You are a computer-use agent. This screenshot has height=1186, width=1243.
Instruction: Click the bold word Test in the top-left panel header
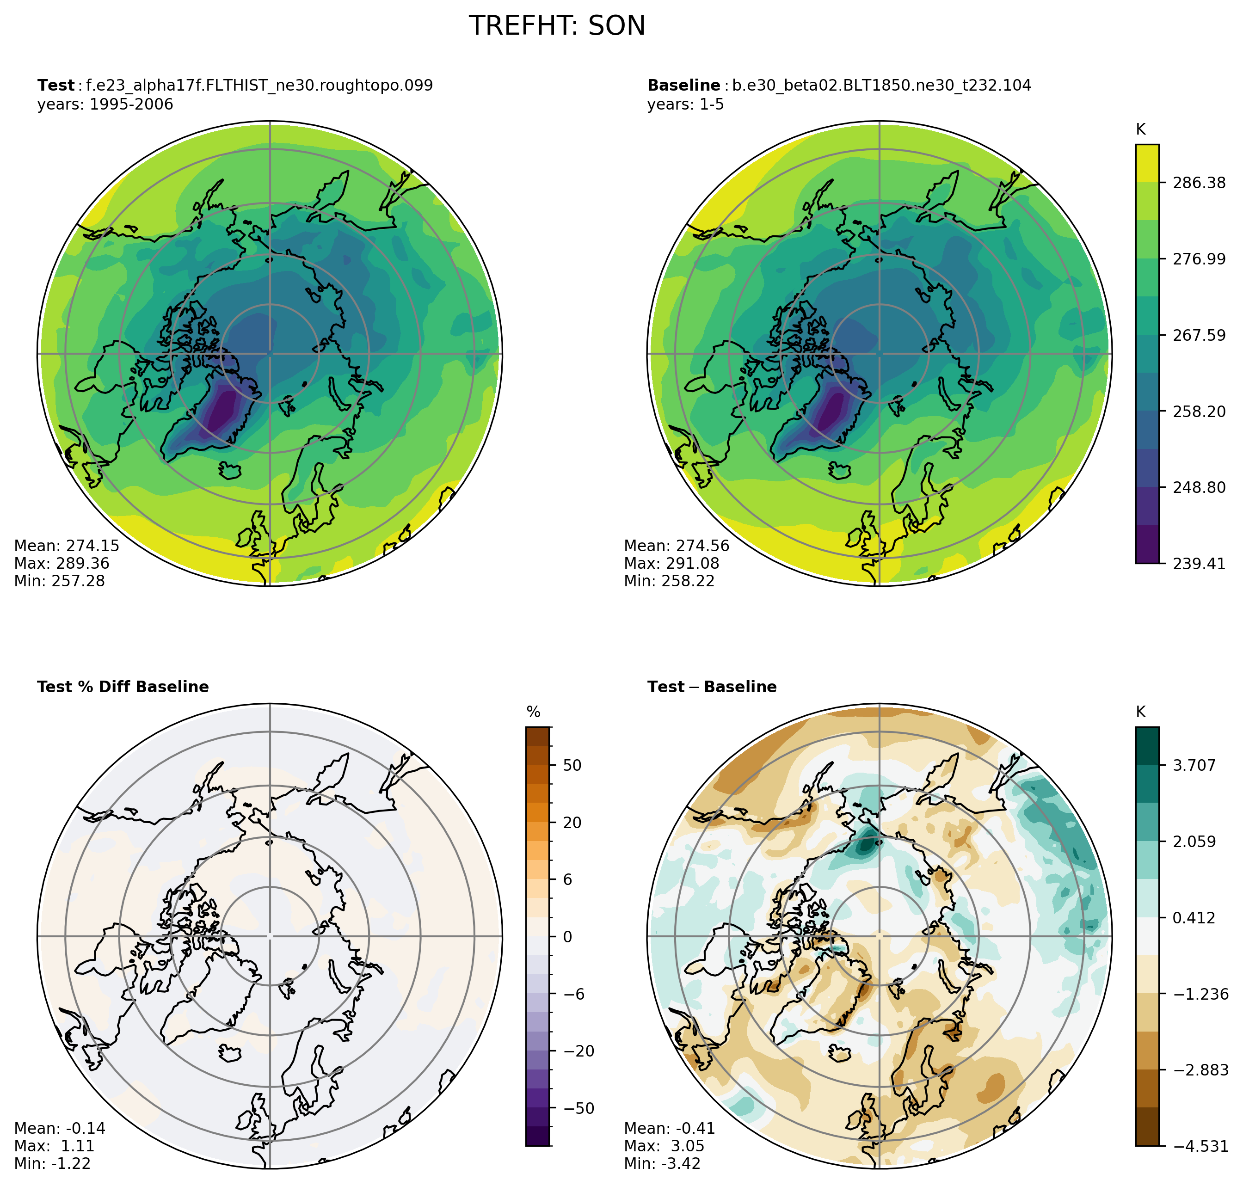[x=55, y=86]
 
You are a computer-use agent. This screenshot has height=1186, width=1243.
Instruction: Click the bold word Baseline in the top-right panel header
[x=683, y=86]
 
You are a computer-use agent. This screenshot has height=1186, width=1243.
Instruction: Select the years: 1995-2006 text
[x=105, y=104]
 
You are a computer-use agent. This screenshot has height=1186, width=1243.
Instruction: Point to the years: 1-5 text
[x=685, y=104]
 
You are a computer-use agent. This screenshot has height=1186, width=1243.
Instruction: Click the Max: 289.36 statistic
[x=62, y=563]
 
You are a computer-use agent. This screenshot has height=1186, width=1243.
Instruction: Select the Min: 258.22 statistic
[x=669, y=581]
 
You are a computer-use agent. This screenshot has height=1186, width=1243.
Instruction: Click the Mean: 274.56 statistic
[x=677, y=546]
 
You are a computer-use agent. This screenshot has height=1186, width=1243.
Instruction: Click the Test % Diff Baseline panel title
[x=123, y=687]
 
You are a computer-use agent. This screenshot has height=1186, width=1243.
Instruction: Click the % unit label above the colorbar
[x=534, y=713]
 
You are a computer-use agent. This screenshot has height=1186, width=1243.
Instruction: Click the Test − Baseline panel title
[x=711, y=687]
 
